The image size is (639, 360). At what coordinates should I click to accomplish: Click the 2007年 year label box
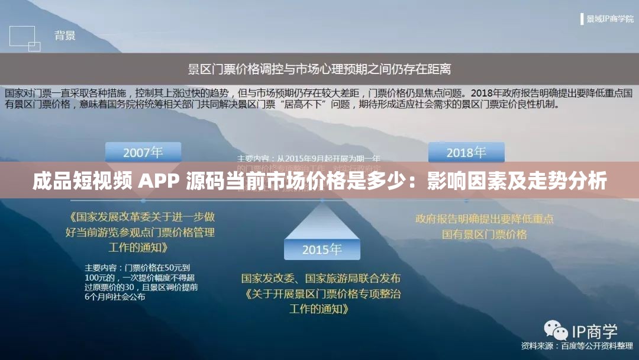143,152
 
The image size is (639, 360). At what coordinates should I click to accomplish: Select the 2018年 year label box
466,152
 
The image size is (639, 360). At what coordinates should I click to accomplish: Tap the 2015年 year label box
322,249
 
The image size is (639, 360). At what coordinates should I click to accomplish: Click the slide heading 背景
65,36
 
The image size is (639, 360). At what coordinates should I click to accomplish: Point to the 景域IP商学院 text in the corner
609,19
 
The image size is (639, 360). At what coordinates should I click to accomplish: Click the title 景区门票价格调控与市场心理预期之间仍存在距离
319,69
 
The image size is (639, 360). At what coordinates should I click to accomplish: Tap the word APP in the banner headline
159,181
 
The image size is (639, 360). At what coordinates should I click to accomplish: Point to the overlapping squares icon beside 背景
25,38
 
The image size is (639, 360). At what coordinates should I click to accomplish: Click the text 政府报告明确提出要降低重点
484,219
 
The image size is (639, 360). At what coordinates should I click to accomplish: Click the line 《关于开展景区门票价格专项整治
321,294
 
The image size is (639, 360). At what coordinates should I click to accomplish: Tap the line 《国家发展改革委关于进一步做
141,217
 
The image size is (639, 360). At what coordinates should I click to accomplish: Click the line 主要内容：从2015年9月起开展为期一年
309,159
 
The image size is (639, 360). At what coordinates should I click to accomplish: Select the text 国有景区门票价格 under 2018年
484,234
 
